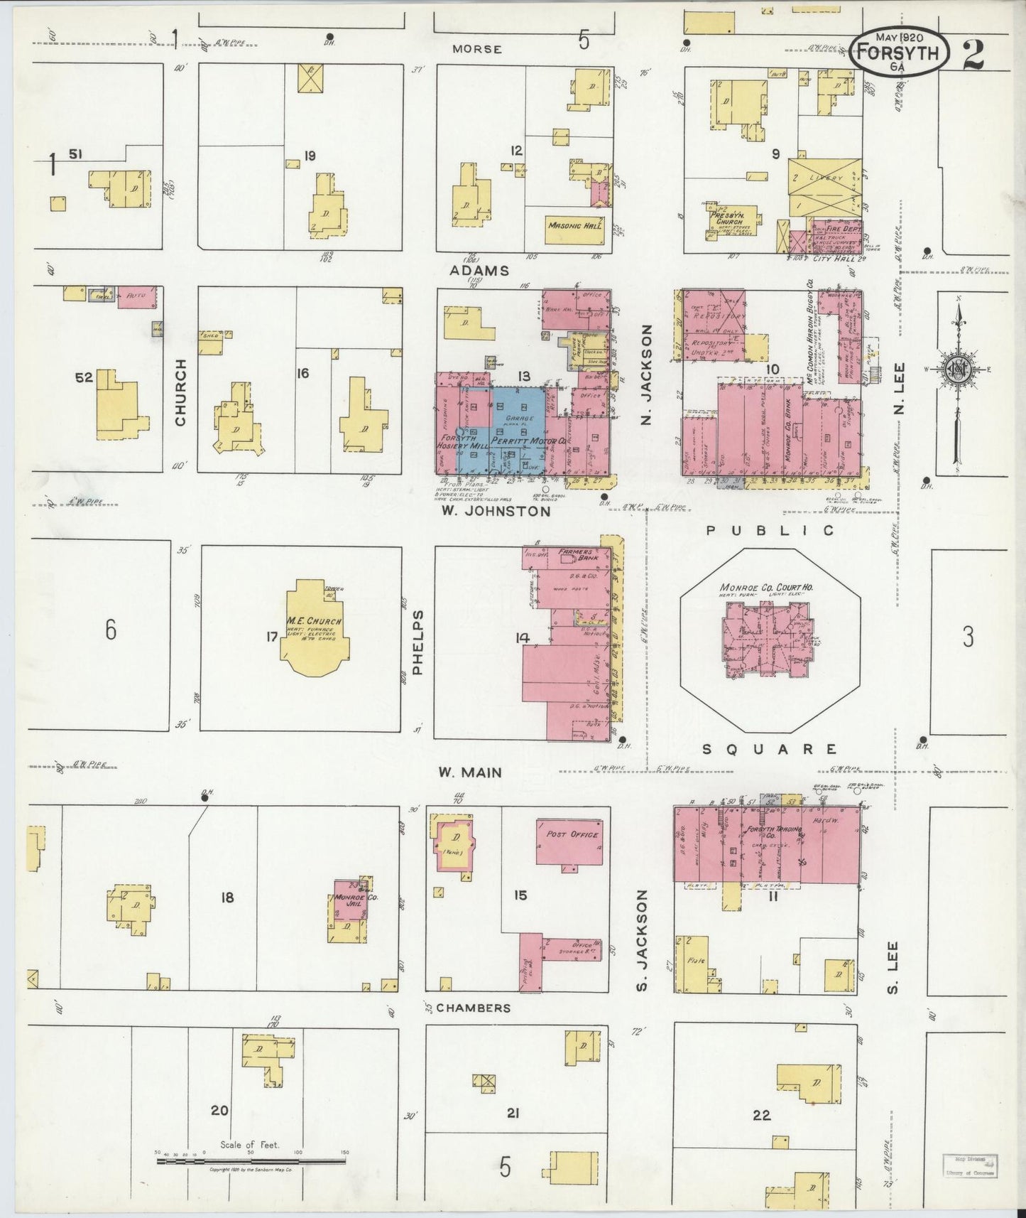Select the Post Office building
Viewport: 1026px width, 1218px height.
point(571,842)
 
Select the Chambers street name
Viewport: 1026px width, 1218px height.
point(473,1008)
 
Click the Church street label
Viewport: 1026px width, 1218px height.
point(180,392)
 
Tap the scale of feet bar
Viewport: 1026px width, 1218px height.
point(251,1161)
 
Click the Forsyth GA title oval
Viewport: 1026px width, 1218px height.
point(900,53)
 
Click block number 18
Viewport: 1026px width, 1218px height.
point(227,898)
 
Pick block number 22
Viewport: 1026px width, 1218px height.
point(761,1116)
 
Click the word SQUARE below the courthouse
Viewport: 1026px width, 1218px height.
point(770,749)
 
